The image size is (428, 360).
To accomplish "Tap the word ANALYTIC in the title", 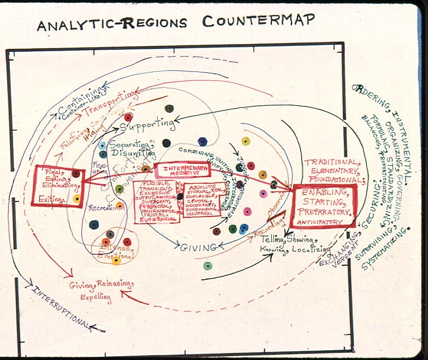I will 74,25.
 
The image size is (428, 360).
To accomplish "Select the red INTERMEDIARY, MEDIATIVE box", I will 182,170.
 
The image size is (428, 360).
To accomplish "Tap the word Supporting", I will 147,125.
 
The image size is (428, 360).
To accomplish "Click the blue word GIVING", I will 198,248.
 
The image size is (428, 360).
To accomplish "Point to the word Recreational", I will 104,208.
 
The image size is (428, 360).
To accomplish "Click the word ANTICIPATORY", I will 322,222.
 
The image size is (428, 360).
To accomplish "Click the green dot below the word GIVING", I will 207,266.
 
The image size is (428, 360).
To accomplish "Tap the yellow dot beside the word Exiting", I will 77,199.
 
